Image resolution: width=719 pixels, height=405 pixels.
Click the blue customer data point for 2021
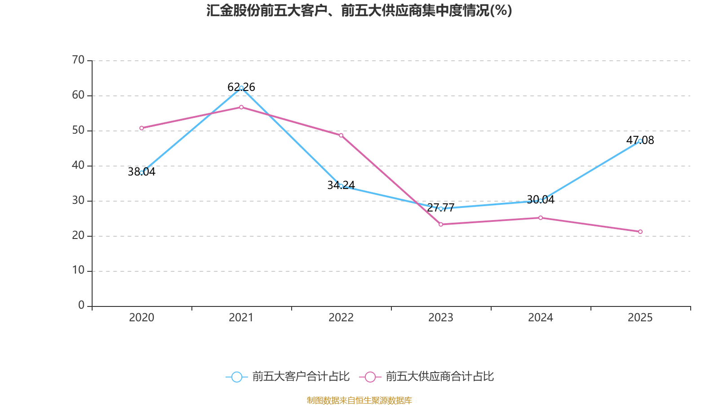pyautogui.click(x=241, y=88)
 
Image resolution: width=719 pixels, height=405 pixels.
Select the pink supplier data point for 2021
pyautogui.click(x=241, y=107)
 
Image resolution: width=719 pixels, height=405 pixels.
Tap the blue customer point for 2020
pyautogui.click(x=142, y=172)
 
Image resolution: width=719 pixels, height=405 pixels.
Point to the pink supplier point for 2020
pyautogui.click(x=142, y=128)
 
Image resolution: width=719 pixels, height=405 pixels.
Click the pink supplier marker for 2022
pyautogui.click(x=341, y=135)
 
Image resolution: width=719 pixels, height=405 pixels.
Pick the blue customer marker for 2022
pyautogui.click(x=341, y=186)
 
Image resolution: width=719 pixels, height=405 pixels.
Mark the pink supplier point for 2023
pyautogui.click(x=441, y=224)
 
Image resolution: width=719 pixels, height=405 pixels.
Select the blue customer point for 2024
pyautogui.click(x=541, y=200)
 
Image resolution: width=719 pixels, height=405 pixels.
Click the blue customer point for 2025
pyautogui.click(x=640, y=141)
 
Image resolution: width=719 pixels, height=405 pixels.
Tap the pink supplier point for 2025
pyautogui.click(x=640, y=232)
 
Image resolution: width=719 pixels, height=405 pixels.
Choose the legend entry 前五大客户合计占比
pyautogui.click(x=288, y=377)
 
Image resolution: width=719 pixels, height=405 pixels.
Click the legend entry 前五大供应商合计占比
pyautogui.click(x=426, y=377)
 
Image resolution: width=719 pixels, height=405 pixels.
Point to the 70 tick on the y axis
pyautogui.click(x=78, y=60)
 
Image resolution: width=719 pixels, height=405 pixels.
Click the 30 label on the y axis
pyautogui.click(x=78, y=201)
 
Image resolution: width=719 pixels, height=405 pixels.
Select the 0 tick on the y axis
pyautogui.click(x=81, y=306)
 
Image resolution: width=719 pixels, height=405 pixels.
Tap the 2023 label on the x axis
pyautogui.click(x=441, y=318)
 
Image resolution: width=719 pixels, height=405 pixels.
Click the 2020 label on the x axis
pyautogui.click(x=142, y=318)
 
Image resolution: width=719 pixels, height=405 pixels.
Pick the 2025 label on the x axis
pyautogui.click(x=640, y=318)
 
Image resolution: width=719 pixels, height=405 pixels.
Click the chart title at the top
pyautogui.click(x=359, y=10)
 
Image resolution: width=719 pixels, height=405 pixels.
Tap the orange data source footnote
pyautogui.click(x=359, y=400)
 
